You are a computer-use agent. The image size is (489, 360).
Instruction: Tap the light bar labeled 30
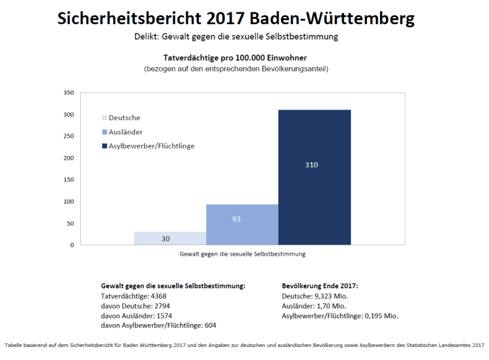[x=170, y=238]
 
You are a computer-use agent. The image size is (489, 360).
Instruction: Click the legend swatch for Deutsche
[x=104, y=118]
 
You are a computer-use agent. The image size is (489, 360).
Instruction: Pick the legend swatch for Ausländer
[x=104, y=132]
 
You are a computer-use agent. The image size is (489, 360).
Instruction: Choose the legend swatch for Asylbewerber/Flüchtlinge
[x=104, y=146]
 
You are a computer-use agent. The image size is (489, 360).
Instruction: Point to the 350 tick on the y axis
[x=68, y=93]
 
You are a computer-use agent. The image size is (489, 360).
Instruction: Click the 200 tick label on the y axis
[x=68, y=158]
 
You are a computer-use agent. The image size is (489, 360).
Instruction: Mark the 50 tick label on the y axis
[x=70, y=224]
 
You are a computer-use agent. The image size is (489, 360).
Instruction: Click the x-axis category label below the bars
[x=243, y=253]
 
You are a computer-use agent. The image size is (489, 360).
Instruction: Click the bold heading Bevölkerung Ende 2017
[x=320, y=286]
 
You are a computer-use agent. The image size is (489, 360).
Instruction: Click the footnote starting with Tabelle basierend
[x=244, y=345]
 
